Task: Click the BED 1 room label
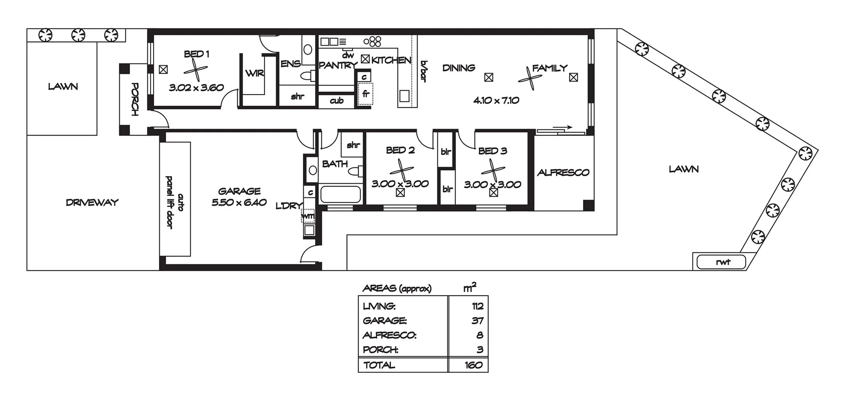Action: coord(196,54)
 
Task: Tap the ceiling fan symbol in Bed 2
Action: coord(401,170)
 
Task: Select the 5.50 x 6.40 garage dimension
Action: coord(239,203)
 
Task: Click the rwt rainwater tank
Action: coord(722,262)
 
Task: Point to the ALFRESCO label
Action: coord(563,173)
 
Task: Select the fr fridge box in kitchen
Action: coord(365,94)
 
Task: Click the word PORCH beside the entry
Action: coord(135,100)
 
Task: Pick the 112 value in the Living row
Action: coord(477,306)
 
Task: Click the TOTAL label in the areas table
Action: coord(379,365)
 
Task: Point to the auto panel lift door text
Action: coord(175,202)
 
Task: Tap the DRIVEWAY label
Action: coord(92,203)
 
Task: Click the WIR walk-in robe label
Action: coord(255,74)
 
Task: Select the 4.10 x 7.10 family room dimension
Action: coord(496,100)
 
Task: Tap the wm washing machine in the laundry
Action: coord(308,216)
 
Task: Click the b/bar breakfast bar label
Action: coord(424,71)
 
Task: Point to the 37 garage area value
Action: coord(477,321)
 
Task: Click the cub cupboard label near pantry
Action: coord(336,101)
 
